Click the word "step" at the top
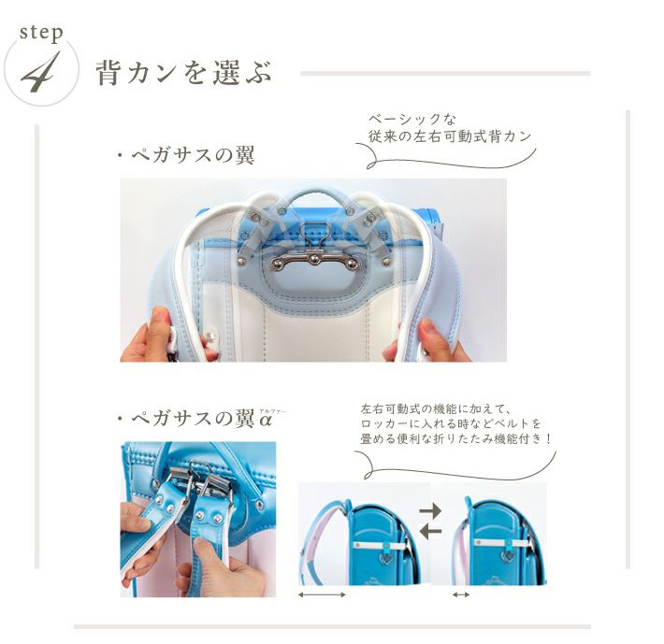click(x=41, y=33)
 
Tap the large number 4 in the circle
click(x=40, y=72)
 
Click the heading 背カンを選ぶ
click(x=184, y=72)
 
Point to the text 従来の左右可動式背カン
click(x=449, y=136)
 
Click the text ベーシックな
click(x=411, y=120)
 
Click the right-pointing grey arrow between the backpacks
click(x=430, y=511)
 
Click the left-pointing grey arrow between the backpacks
click(x=430, y=531)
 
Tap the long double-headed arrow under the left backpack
click(x=322, y=594)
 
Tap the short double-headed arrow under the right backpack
click(x=461, y=594)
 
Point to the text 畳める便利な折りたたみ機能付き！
click(x=456, y=438)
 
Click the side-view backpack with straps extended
click(x=361, y=541)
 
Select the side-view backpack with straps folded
click(x=499, y=541)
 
